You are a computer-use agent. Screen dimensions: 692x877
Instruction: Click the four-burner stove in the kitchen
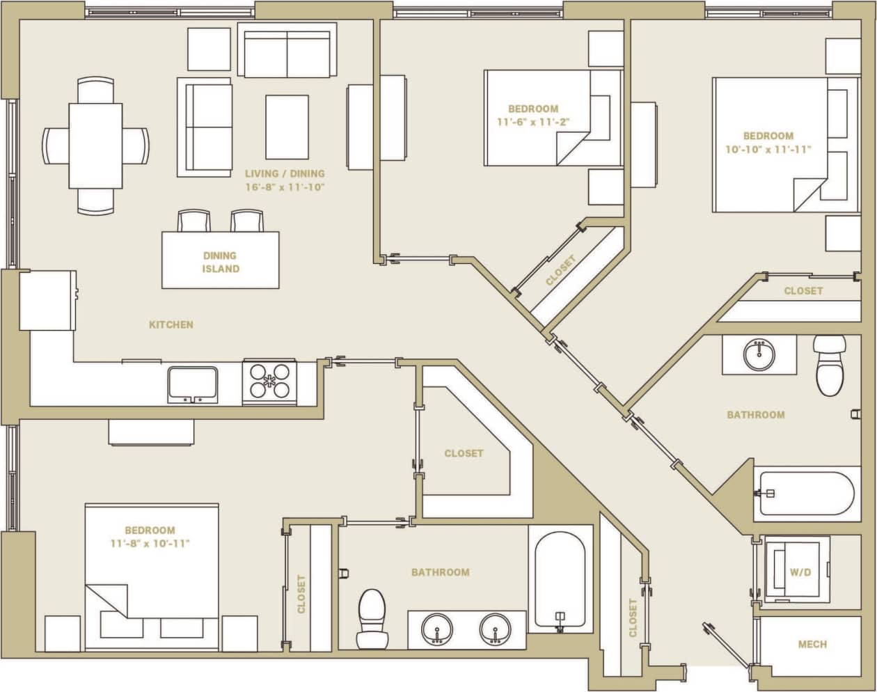point(269,382)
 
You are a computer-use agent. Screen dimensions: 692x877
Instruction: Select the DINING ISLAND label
point(221,262)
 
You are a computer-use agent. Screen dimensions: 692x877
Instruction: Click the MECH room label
point(812,644)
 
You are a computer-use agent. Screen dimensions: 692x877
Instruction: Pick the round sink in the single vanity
point(759,356)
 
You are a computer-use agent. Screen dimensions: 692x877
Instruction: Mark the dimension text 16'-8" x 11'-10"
point(285,187)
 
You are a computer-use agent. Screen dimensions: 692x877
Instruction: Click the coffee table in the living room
point(287,127)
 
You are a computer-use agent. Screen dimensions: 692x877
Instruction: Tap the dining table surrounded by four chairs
point(95,146)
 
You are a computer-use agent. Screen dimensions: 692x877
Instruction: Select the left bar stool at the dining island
point(193,221)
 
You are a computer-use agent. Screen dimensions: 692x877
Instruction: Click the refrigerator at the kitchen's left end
point(47,301)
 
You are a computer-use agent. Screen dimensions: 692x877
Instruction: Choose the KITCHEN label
point(171,324)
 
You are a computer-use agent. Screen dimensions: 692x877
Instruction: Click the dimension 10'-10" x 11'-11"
point(768,149)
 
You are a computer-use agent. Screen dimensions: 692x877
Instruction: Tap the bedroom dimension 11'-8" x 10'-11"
point(150,543)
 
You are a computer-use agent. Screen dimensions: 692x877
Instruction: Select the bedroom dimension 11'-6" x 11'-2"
point(533,122)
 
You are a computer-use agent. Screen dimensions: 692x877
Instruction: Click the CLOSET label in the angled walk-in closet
point(464,453)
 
